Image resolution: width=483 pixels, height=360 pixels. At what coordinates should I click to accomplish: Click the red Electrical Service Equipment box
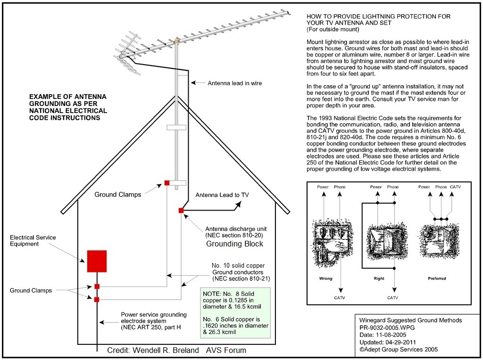coord(97,261)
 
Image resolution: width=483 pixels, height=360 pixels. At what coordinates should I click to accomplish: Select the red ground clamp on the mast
coord(167,183)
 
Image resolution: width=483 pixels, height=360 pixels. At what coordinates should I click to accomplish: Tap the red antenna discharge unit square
coord(181,210)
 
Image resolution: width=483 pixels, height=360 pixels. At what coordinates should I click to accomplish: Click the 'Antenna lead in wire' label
coord(234,83)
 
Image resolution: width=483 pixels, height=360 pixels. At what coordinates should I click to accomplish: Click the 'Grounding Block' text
coord(235,244)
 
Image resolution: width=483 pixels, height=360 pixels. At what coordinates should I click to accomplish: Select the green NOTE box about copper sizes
coord(235,313)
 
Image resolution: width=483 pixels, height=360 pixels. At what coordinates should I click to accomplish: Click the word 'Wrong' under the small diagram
coord(325,278)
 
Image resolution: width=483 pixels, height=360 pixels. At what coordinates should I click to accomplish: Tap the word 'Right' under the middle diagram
coord(379,278)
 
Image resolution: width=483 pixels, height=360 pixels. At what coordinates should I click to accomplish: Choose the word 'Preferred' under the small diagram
coord(437,278)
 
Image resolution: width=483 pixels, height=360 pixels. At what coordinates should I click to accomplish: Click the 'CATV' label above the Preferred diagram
coord(455,187)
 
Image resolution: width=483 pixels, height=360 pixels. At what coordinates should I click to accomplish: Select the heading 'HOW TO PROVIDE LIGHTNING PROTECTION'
coord(378,16)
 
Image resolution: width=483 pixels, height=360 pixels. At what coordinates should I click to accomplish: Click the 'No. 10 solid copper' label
coord(238,266)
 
